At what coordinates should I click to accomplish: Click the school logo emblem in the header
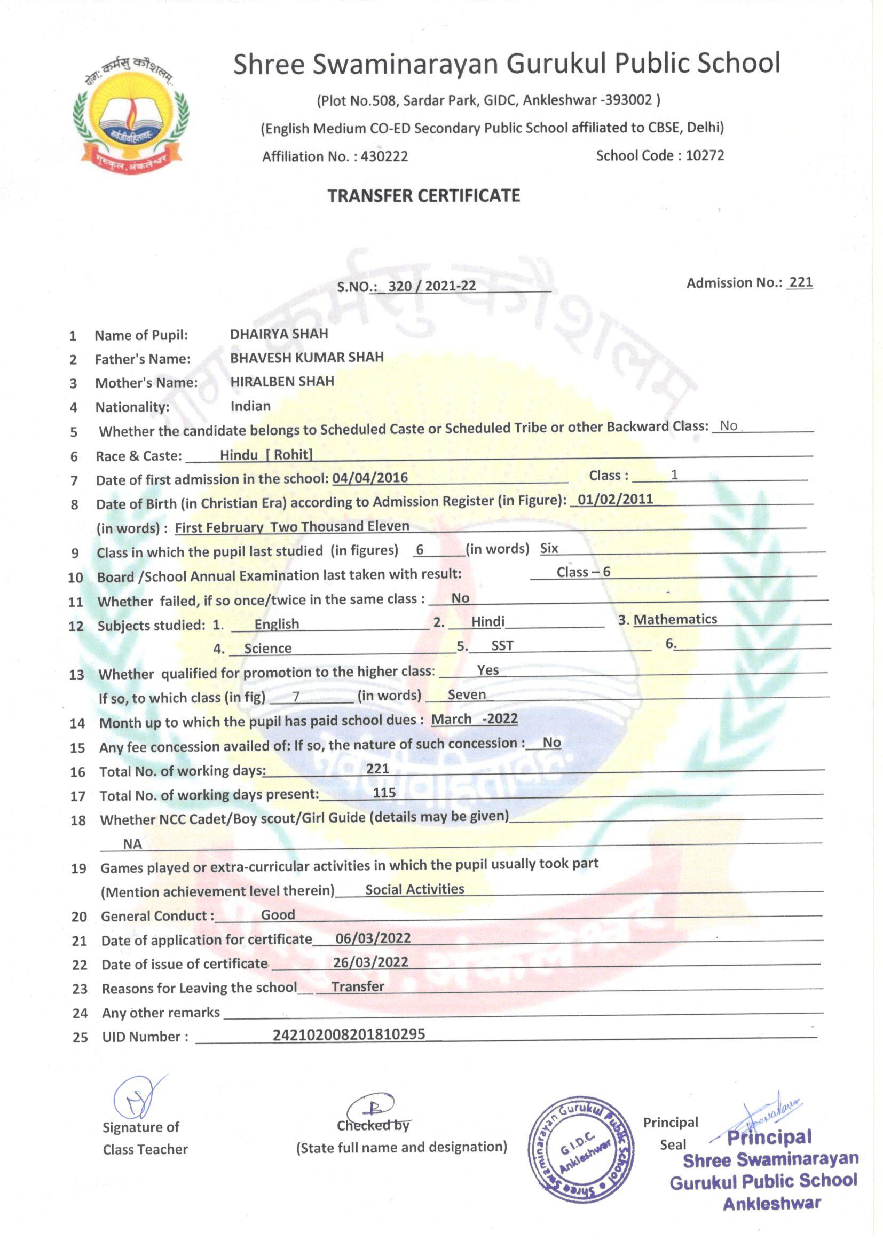point(131,115)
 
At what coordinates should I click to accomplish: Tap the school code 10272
point(705,155)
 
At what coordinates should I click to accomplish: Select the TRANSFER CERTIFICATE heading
point(423,196)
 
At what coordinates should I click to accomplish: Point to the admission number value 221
point(801,282)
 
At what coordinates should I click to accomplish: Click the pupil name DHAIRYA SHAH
point(279,334)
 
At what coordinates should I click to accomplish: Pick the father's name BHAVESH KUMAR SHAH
point(306,358)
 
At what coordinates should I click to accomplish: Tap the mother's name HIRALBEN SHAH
point(282,382)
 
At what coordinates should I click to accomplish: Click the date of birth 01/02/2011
point(615,499)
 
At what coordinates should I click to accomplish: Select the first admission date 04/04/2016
point(370,478)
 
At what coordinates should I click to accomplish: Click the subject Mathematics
point(675,619)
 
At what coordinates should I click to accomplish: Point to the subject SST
point(502,645)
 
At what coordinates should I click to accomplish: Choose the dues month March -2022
point(474,719)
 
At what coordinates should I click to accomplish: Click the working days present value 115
point(384,793)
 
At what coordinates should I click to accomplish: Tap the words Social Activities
point(414,889)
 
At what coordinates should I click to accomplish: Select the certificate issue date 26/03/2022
point(370,962)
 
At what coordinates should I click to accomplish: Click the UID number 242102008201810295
point(349,1034)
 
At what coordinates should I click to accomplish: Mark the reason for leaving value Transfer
point(358,986)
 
